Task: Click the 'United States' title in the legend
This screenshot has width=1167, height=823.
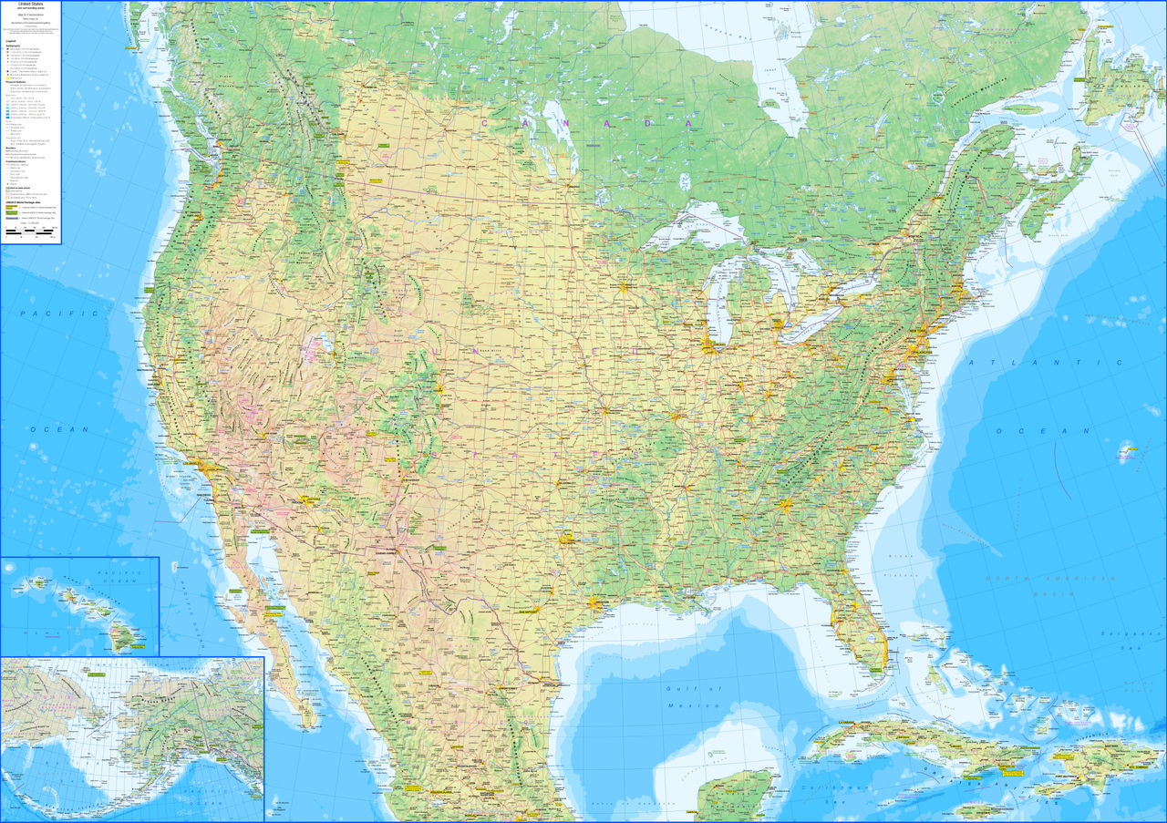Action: point(30,5)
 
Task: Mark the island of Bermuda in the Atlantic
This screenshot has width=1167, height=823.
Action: point(1128,448)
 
